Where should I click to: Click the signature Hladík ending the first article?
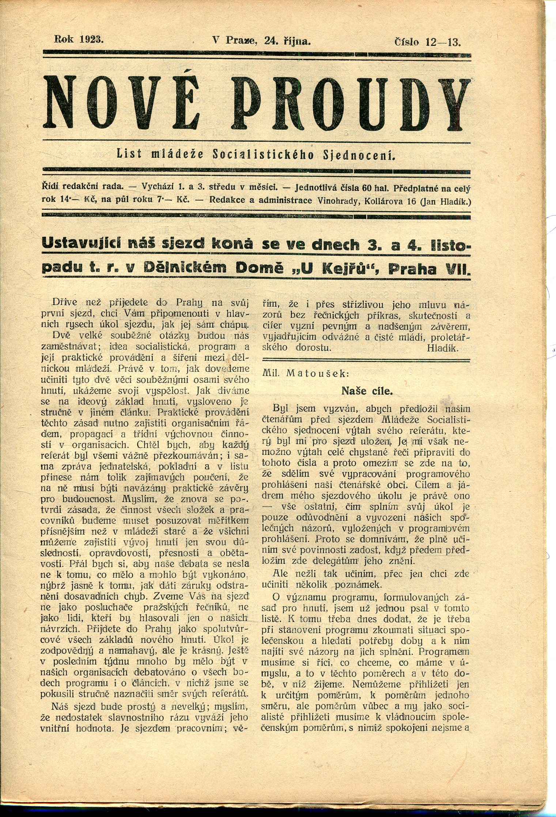[x=442, y=347]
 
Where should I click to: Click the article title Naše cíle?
[x=367, y=391]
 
